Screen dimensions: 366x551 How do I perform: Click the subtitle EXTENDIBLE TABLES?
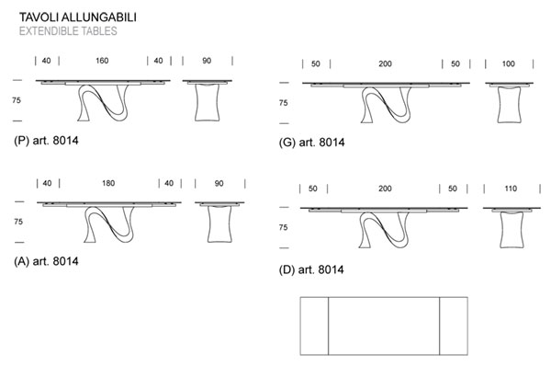point(67,30)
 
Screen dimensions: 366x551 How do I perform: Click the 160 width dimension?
point(101,61)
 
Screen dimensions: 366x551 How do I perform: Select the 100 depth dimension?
point(508,63)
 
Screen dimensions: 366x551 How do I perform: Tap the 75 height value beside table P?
point(17,101)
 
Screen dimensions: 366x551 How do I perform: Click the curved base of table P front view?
point(101,103)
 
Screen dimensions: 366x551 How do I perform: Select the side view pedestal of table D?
point(512,231)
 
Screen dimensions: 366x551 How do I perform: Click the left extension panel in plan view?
point(314,326)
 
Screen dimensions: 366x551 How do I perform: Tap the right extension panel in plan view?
point(454,326)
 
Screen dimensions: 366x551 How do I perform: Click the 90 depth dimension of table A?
point(219,183)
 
